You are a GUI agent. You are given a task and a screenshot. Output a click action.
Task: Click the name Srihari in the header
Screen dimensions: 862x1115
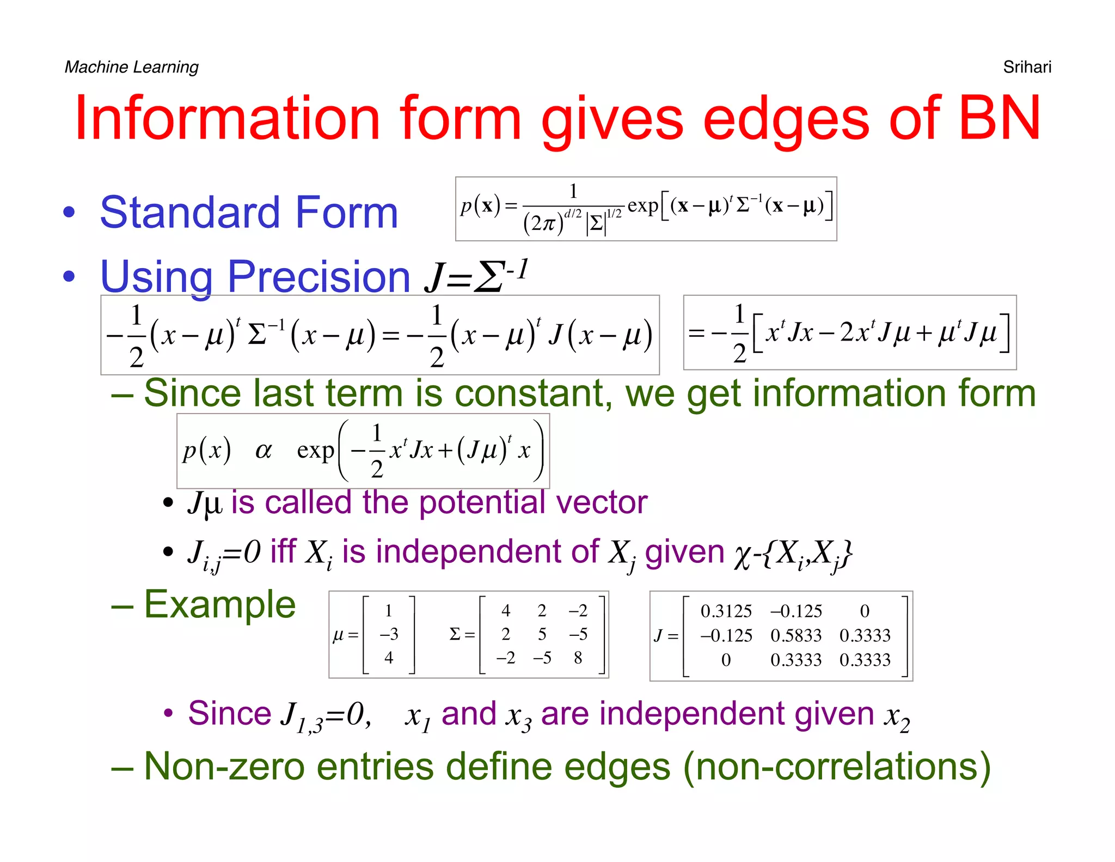tap(1027, 67)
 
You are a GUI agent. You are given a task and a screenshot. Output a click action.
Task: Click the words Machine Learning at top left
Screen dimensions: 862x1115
tap(131, 67)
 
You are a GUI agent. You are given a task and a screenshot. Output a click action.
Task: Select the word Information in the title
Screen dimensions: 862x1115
tap(227, 118)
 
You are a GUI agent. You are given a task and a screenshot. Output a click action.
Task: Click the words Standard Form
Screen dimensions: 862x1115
tap(249, 213)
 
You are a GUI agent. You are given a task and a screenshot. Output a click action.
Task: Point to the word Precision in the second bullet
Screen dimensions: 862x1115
tap(318, 277)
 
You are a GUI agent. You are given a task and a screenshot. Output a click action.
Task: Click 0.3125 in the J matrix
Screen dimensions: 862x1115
tap(726, 611)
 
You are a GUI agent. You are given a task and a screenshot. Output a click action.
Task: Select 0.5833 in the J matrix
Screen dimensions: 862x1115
tap(795, 635)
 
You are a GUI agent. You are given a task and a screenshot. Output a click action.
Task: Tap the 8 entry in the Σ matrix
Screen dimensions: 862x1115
tap(578, 658)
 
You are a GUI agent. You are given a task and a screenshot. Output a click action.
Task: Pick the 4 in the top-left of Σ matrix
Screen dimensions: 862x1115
tap(506, 611)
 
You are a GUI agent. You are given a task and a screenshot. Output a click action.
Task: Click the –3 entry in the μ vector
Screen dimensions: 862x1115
tap(389, 634)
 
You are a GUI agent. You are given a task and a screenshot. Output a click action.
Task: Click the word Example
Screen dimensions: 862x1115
tap(219, 605)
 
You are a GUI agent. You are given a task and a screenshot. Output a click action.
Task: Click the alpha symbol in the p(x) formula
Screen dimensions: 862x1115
tap(264, 451)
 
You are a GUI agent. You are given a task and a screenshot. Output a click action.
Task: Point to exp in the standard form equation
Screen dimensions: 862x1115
tap(642, 207)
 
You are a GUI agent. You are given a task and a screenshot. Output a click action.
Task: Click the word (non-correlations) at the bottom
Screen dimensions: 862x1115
tap(837, 767)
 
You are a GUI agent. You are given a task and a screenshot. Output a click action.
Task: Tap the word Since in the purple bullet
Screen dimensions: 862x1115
tap(229, 713)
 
